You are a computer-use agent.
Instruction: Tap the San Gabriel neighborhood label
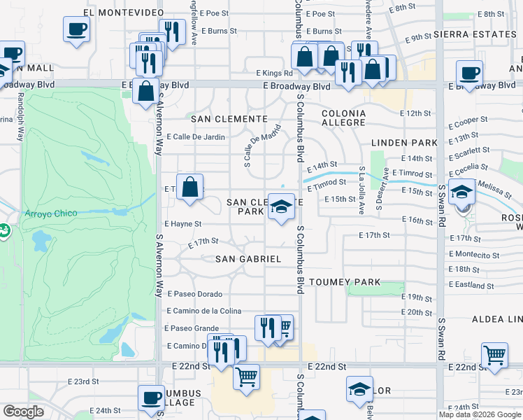click(248, 259)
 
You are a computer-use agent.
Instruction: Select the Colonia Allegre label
click(343, 118)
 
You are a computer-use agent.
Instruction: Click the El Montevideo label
click(117, 13)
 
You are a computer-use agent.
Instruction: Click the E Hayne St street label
click(182, 224)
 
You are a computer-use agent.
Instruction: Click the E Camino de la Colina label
click(203, 311)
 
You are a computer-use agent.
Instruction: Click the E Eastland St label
click(472, 285)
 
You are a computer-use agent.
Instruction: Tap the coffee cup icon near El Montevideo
click(77, 29)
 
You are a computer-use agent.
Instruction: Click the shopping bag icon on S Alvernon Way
click(146, 90)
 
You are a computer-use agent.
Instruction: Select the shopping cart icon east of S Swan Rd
click(494, 355)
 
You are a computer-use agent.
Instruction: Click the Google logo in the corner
click(23, 412)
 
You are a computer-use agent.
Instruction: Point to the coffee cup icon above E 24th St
click(151, 398)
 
